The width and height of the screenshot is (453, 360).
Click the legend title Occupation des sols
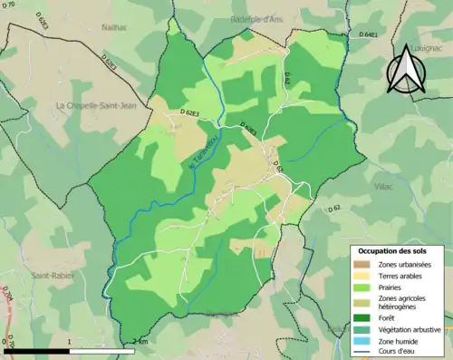point(397,249)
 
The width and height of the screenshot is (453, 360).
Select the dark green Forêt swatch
point(361,317)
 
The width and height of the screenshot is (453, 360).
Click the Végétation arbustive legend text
point(409,329)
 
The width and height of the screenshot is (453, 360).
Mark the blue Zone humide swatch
point(361,341)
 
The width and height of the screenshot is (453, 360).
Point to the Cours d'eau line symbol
point(361,352)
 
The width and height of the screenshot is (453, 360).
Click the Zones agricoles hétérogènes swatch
point(361,302)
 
